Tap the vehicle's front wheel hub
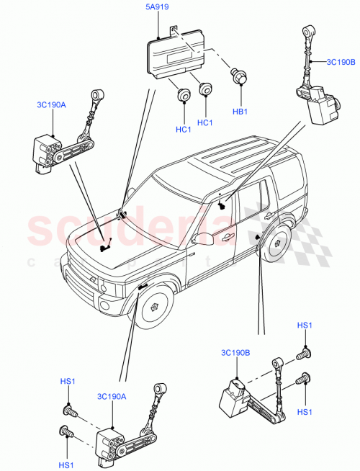pyautogui.click(x=153, y=305)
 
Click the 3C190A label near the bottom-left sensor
pyautogui.click(x=112, y=396)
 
